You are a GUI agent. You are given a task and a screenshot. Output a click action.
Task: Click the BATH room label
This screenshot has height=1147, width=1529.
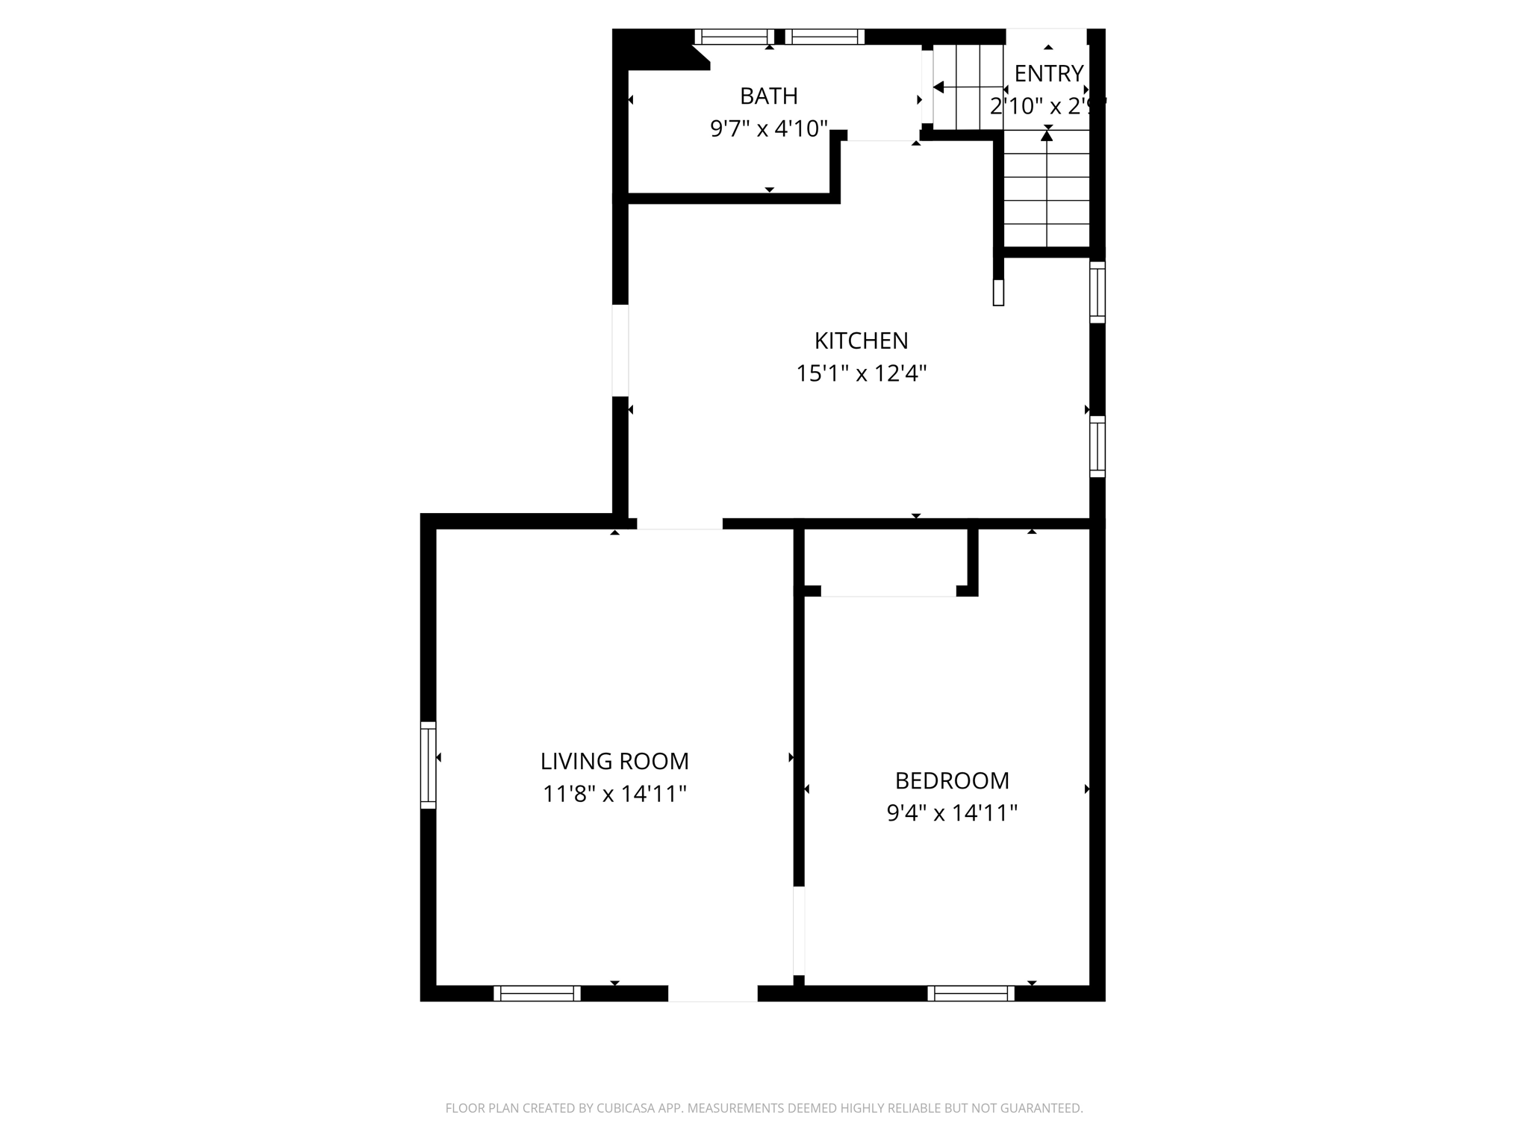[768, 96]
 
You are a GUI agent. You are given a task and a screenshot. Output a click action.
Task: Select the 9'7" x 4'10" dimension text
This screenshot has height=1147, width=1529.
[768, 129]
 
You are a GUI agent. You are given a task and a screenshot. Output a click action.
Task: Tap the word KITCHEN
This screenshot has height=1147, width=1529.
[861, 341]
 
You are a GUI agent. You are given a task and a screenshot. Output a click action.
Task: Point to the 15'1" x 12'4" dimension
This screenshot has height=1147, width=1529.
[861, 373]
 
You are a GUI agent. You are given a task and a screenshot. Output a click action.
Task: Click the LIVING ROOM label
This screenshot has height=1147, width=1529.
[614, 762]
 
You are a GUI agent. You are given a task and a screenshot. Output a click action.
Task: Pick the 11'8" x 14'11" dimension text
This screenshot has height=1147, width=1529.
[614, 794]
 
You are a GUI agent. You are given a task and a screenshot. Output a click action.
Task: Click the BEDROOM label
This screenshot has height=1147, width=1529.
[952, 781]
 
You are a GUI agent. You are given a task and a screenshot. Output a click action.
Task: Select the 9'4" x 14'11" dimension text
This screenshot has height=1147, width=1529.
[952, 813]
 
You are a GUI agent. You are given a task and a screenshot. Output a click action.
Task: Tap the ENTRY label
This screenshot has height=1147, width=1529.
[1048, 73]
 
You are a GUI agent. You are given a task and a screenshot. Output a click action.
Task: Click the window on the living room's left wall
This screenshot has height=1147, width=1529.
[428, 765]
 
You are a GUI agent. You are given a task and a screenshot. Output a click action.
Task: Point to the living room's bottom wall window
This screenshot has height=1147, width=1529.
[537, 993]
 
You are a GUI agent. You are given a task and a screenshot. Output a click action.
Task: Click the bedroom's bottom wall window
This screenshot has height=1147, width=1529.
[971, 993]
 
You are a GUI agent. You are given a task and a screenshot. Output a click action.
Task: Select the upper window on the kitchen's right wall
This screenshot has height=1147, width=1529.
[1097, 292]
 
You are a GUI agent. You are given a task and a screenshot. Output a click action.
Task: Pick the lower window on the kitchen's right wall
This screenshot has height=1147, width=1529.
[1097, 447]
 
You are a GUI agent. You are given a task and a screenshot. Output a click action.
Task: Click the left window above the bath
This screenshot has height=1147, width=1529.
[735, 37]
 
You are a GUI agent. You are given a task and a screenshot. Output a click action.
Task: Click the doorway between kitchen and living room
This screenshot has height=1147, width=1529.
[679, 523]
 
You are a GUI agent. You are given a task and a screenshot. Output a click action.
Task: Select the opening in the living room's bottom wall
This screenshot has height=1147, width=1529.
[712, 993]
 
